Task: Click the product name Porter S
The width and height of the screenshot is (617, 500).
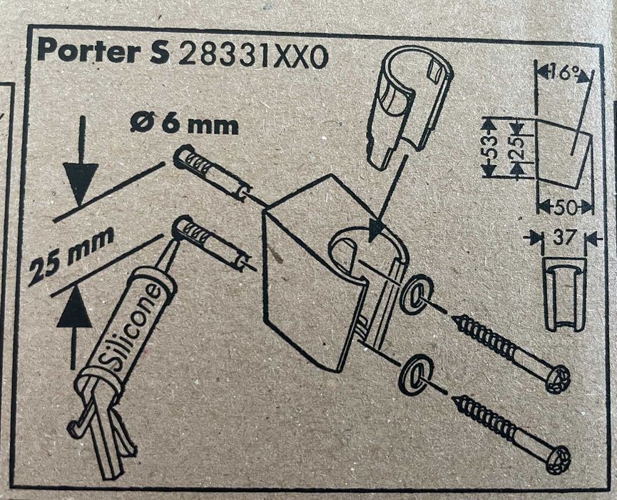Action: [99, 51]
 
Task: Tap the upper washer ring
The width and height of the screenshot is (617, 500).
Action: [417, 293]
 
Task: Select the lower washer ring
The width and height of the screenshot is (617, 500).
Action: [415, 372]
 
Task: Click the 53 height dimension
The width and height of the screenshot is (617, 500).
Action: [489, 148]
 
